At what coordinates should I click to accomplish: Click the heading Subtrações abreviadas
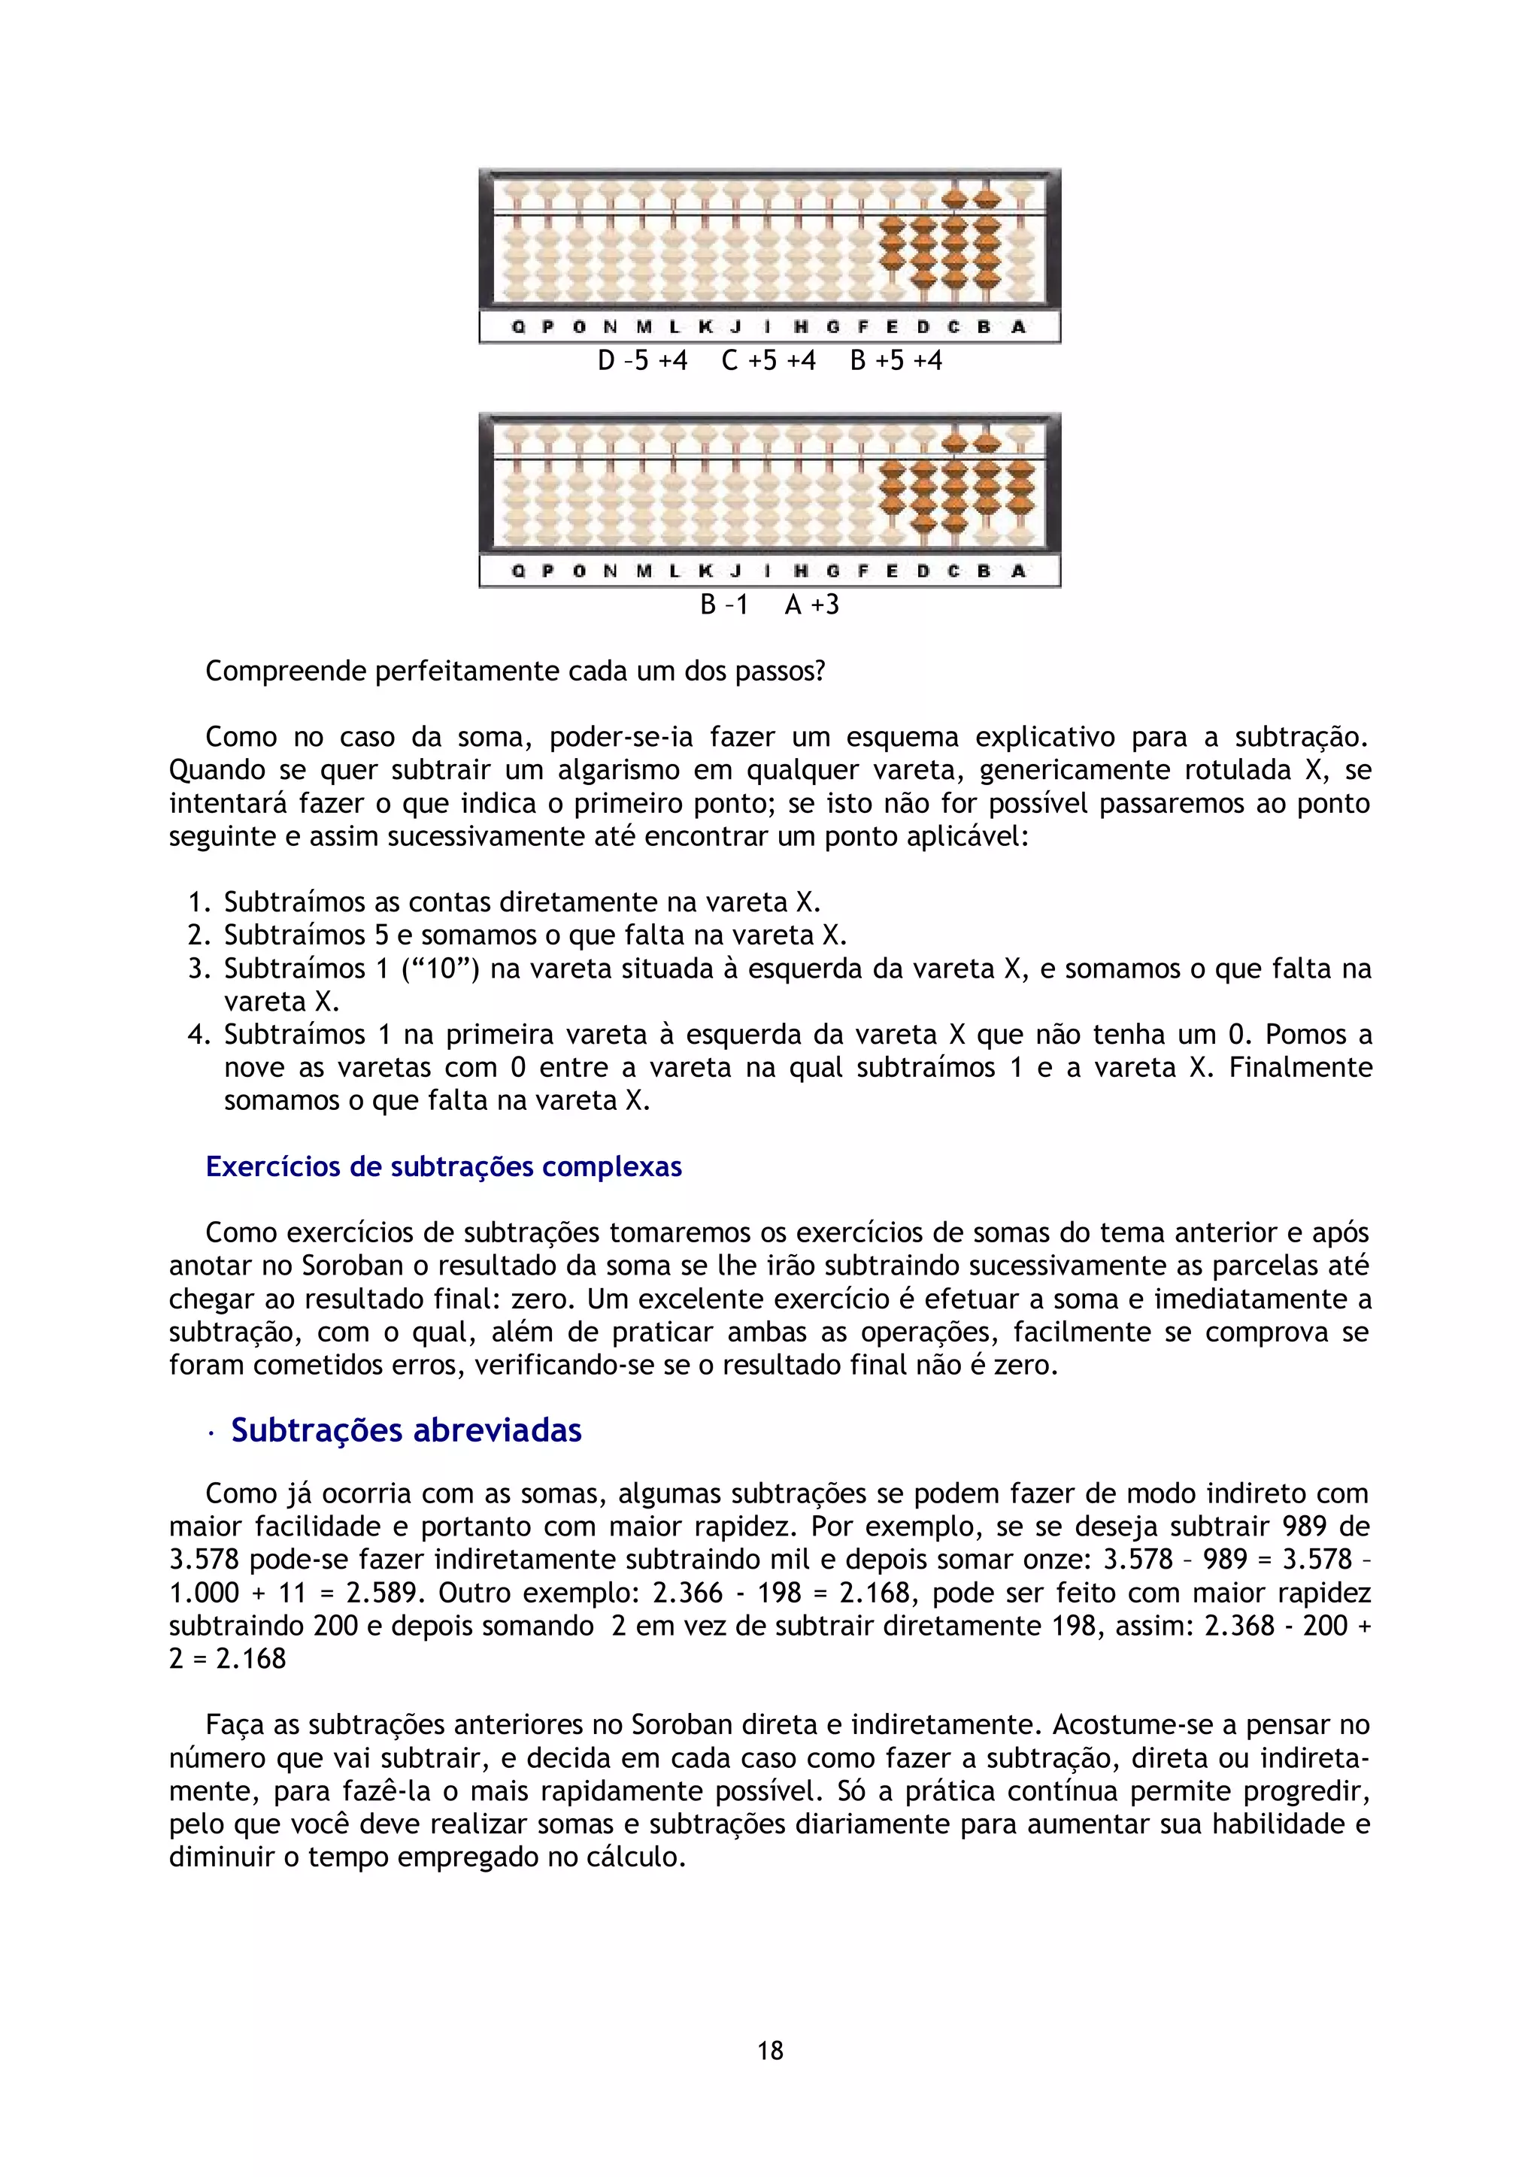(x=406, y=1430)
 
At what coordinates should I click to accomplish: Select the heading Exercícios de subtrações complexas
(x=444, y=1166)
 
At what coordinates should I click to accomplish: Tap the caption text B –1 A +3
(x=769, y=605)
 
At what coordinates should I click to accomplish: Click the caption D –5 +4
(x=642, y=361)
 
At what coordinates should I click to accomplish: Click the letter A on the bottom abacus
(x=1018, y=571)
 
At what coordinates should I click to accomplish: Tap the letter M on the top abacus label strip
(x=644, y=327)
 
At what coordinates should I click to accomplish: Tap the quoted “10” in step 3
(x=436, y=968)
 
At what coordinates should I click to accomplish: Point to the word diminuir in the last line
(x=222, y=1857)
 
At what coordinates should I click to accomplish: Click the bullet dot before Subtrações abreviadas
(x=210, y=1433)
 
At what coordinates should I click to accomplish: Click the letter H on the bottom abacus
(x=800, y=571)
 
